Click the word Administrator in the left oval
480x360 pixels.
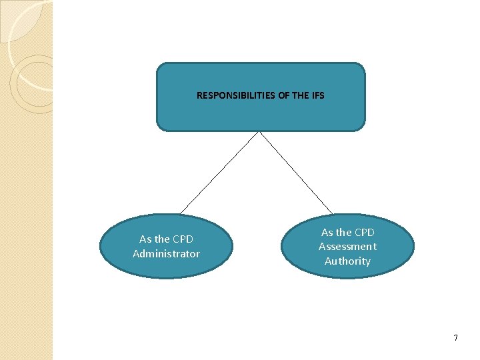tap(166, 253)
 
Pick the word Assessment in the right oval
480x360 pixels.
tap(347, 247)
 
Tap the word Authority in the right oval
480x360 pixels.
tap(347, 261)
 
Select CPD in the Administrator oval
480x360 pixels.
tap(183, 239)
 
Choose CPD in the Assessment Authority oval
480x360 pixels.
tap(364, 232)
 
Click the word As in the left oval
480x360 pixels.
tap(145, 239)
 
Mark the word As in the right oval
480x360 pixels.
tap(327, 232)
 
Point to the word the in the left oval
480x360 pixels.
tap(163, 239)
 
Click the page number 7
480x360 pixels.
tap(455, 338)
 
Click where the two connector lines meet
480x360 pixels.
tap(259, 132)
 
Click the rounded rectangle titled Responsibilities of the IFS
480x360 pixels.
tap(261, 113)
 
